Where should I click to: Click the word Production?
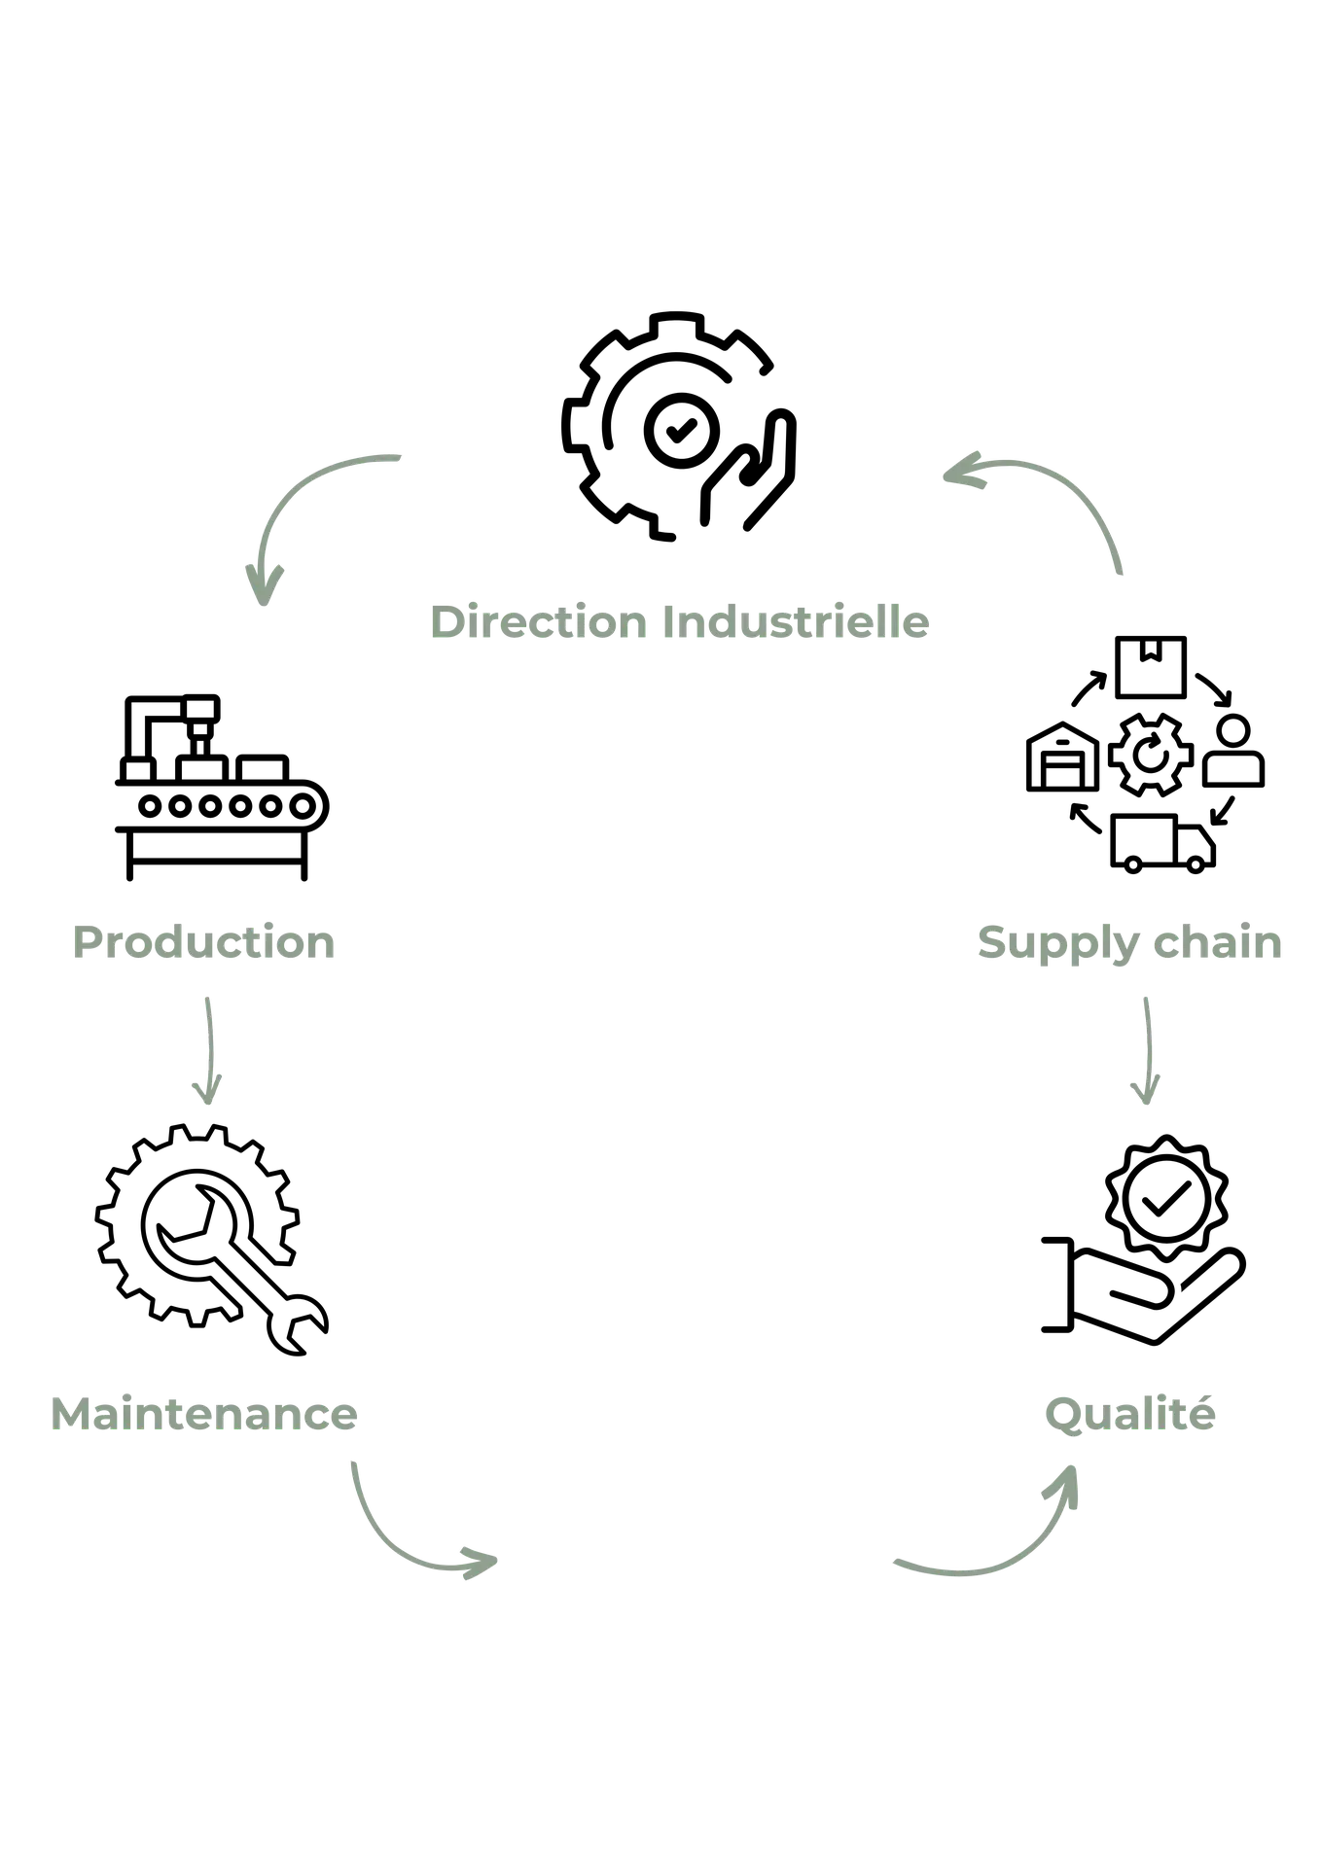point(206,943)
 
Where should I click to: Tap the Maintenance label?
point(203,1414)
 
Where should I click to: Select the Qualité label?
point(1130,1414)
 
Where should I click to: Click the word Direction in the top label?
point(538,622)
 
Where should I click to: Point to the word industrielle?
point(796,622)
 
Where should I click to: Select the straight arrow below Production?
point(206,1045)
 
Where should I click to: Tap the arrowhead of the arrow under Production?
point(206,1093)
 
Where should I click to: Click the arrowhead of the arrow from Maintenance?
point(482,1562)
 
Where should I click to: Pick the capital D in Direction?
point(446,622)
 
